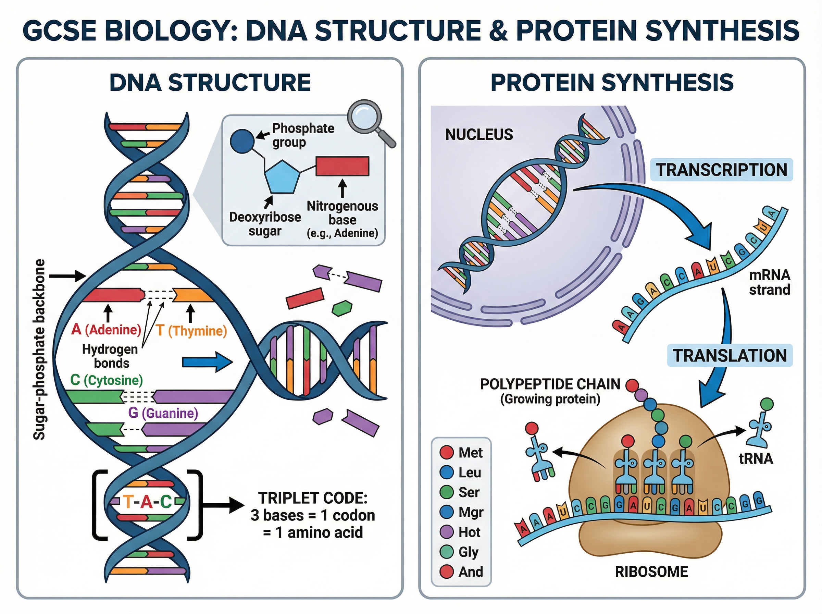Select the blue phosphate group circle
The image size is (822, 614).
tap(242, 141)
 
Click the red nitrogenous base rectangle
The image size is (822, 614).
tap(342, 166)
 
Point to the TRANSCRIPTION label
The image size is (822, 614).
tap(721, 170)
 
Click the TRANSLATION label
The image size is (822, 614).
tap(730, 356)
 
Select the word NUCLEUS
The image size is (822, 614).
tap(479, 135)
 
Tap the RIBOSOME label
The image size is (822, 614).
tap(651, 572)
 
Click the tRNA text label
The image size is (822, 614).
tap(756, 459)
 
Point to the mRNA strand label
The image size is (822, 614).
tap(769, 282)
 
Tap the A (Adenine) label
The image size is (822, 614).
tap(106, 329)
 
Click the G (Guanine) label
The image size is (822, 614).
tap(163, 413)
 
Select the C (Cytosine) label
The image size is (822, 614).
tap(107, 380)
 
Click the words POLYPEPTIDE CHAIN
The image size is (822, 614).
tap(550, 384)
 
